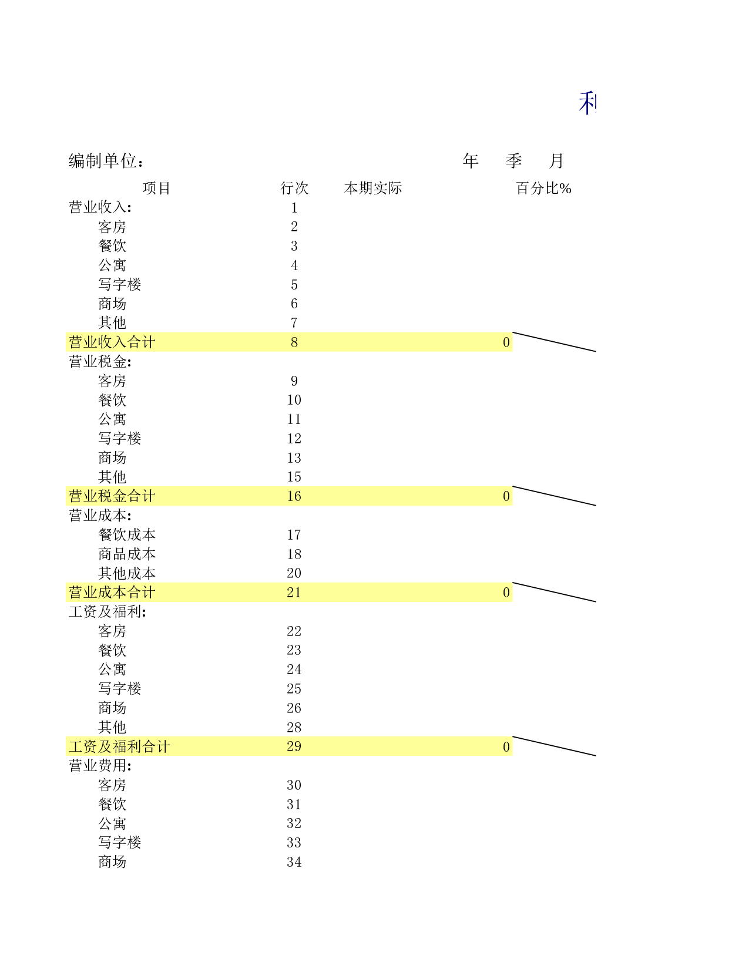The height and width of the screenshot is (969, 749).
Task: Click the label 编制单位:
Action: tap(106, 161)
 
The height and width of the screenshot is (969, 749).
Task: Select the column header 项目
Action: tap(157, 188)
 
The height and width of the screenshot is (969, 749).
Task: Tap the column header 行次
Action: tap(294, 188)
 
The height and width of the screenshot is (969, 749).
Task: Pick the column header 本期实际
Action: tap(373, 188)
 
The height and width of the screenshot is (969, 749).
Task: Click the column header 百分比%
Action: tap(543, 188)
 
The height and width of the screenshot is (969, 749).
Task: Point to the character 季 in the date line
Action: tap(513, 161)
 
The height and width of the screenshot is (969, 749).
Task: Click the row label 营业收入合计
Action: tap(112, 342)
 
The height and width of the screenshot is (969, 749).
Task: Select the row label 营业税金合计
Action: tap(112, 496)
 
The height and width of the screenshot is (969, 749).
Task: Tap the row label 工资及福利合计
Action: tap(119, 746)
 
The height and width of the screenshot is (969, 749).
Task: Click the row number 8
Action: tap(294, 342)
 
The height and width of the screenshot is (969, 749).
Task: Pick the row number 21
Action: tap(294, 592)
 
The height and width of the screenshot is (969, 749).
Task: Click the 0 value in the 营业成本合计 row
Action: tap(506, 592)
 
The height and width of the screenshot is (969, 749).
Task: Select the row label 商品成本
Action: tap(127, 554)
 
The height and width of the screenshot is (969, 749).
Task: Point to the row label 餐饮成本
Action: tap(127, 534)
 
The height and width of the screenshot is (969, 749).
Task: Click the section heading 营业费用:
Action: tap(100, 766)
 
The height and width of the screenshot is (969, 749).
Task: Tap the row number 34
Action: tap(294, 862)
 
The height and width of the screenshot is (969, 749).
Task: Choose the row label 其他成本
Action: tap(127, 573)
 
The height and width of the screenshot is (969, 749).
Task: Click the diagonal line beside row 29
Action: tap(554, 746)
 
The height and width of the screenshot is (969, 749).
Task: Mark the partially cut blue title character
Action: tap(587, 103)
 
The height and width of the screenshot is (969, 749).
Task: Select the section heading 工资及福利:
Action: tap(108, 611)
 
